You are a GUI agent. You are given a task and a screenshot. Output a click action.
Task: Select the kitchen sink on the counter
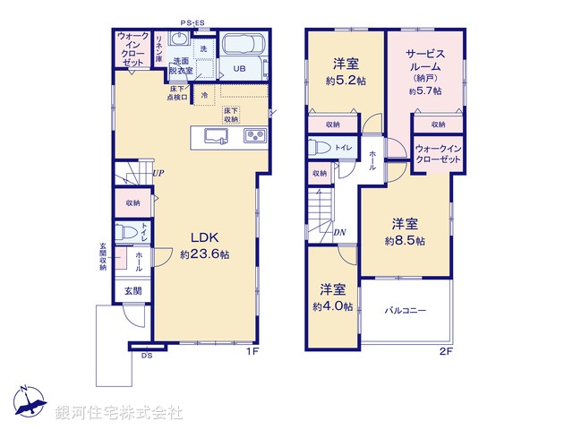coord(217,135)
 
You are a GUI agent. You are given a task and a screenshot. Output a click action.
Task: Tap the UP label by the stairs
coord(158,173)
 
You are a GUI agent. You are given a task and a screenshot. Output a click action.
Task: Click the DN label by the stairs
coord(340,234)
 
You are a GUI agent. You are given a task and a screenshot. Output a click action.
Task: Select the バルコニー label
coord(406,311)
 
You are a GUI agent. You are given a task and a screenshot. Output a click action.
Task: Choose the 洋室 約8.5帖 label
coord(405,231)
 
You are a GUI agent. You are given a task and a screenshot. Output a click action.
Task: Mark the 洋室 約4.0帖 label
coord(332,297)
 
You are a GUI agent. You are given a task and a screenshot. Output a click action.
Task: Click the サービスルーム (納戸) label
coord(426,70)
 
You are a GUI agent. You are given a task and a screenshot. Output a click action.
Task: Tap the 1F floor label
coord(253,351)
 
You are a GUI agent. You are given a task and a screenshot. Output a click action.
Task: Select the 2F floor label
coord(446,351)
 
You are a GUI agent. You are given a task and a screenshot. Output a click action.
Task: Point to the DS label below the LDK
coord(146,356)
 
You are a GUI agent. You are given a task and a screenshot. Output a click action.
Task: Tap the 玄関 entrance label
coord(132,290)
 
